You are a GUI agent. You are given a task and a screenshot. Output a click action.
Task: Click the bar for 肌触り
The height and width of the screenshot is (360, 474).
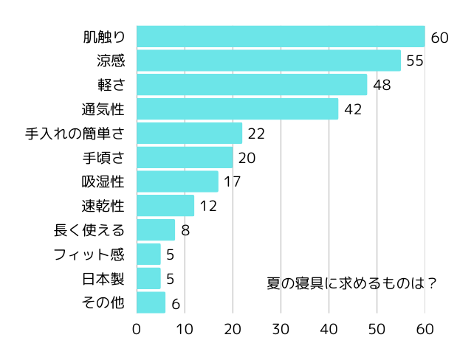tap(281, 36)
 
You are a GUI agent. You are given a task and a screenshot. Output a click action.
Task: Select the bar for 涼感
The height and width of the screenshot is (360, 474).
tap(269, 60)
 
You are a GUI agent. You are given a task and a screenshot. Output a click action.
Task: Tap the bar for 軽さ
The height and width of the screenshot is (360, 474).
tap(252, 85)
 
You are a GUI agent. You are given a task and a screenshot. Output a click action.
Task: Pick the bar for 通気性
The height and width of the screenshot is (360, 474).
tap(237, 109)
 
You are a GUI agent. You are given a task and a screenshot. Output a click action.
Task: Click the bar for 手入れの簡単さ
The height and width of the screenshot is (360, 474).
tap(189, 133)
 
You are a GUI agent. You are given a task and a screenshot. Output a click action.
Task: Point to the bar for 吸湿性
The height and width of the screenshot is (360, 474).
tap(177, 181)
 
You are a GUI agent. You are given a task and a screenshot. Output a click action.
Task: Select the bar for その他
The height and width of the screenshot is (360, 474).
tap(151, 302)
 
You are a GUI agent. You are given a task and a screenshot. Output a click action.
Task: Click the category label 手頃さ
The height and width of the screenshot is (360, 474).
tap(103, 157)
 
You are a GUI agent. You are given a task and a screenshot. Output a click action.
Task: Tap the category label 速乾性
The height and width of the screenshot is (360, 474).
tap(103, 206)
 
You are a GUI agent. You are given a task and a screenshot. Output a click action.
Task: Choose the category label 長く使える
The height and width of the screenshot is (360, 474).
tap(89, 230)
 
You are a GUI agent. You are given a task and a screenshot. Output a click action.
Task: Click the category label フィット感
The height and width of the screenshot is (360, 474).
tap(89, 255)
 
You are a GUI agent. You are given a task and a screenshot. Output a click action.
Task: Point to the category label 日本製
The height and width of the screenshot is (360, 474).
tap(103, 279)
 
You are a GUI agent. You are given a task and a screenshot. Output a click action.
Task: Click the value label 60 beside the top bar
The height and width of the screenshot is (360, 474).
tap(440, 37)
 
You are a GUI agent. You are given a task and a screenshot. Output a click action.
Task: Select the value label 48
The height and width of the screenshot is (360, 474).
tap(382, 85)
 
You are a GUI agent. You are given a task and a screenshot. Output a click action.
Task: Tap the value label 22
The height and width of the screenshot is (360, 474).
tap(256, 134)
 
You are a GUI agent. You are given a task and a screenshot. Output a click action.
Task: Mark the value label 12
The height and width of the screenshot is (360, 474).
tap(208, 206)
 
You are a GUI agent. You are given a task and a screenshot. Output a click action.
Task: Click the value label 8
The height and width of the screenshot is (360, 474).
tap(185, 230)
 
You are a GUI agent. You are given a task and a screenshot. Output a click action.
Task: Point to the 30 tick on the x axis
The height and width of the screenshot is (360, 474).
tap(281, 328)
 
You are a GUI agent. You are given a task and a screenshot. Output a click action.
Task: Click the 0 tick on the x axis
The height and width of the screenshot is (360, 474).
tap(137, 328)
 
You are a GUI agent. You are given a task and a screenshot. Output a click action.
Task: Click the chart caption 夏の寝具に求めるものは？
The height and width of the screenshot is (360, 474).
tap(351, 283)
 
